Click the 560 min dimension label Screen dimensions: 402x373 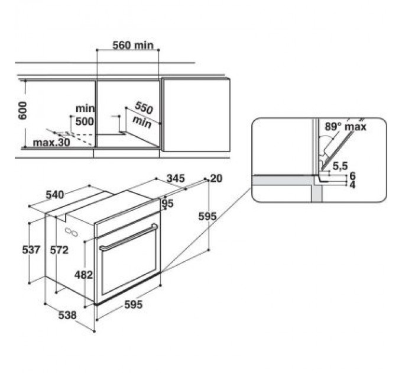pos(133,45)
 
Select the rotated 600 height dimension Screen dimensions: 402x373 pos(22,110)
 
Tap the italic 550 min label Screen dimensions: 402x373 pos(142,114)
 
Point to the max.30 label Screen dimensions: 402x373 pos(51,143)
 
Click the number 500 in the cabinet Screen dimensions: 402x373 pos(85,121)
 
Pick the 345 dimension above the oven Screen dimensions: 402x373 pos(176,178)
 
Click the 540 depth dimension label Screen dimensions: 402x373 pos(54,195)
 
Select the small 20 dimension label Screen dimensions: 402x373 pos(216,178)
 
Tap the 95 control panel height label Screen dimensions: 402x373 pos(168,203)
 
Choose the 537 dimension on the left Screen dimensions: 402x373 pos(31,249)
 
